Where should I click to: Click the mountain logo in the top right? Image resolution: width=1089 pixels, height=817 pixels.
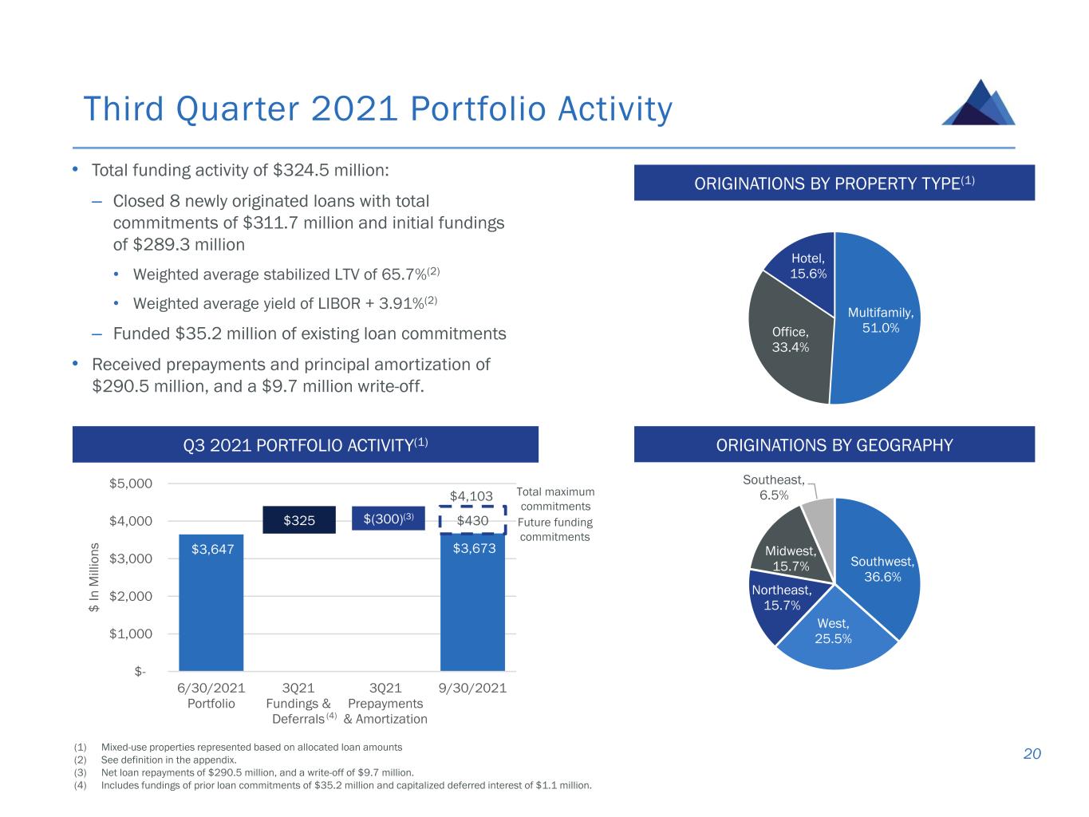click(978, 103)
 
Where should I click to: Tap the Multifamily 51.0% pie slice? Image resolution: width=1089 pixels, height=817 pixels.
click(877, 319)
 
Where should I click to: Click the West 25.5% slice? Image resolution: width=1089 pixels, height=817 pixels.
click(833, 630)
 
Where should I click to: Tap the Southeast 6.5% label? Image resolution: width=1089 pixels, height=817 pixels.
click(773, 487)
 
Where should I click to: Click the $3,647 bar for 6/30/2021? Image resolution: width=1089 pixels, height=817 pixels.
click(211, 602)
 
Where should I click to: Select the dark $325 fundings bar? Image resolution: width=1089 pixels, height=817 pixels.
click(299, 520)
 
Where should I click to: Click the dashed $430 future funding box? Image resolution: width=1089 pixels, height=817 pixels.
click(472, 520)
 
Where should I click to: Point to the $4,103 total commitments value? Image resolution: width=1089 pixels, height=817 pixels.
click(472, 496)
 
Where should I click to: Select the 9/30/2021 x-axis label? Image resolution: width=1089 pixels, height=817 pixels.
click(472, 688)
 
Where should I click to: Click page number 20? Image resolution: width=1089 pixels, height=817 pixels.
click(1032, 754)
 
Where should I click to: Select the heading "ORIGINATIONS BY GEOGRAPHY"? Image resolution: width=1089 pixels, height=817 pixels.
click(834, 444)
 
